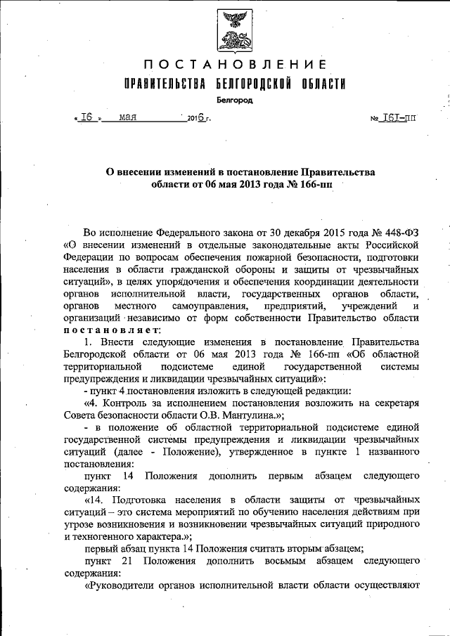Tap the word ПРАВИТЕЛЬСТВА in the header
[165, 85]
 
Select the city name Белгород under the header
[235, 100]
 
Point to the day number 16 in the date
[88, 117]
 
